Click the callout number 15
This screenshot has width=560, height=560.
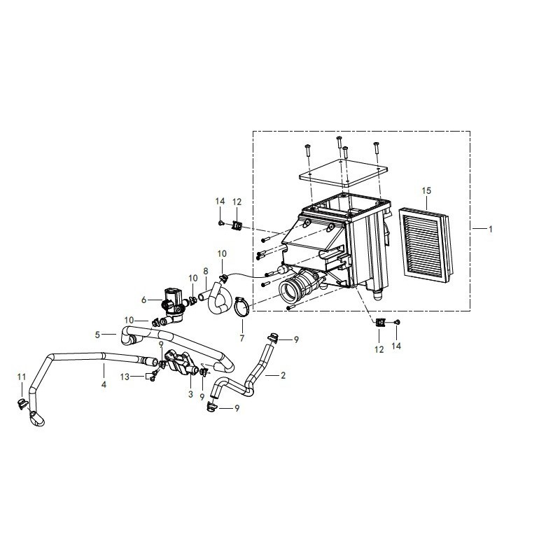click(x=426, y=190)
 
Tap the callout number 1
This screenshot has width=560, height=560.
click(x=491, y=230)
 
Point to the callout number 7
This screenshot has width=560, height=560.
click(x=242, y=338)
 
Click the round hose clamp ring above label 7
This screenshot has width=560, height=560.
click(x=241, y=307)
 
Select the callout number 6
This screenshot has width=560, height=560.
click(x=143, y=300)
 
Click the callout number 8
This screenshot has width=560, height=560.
click(x=205, y=272)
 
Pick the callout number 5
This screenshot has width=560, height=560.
click(x=97, y=335)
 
